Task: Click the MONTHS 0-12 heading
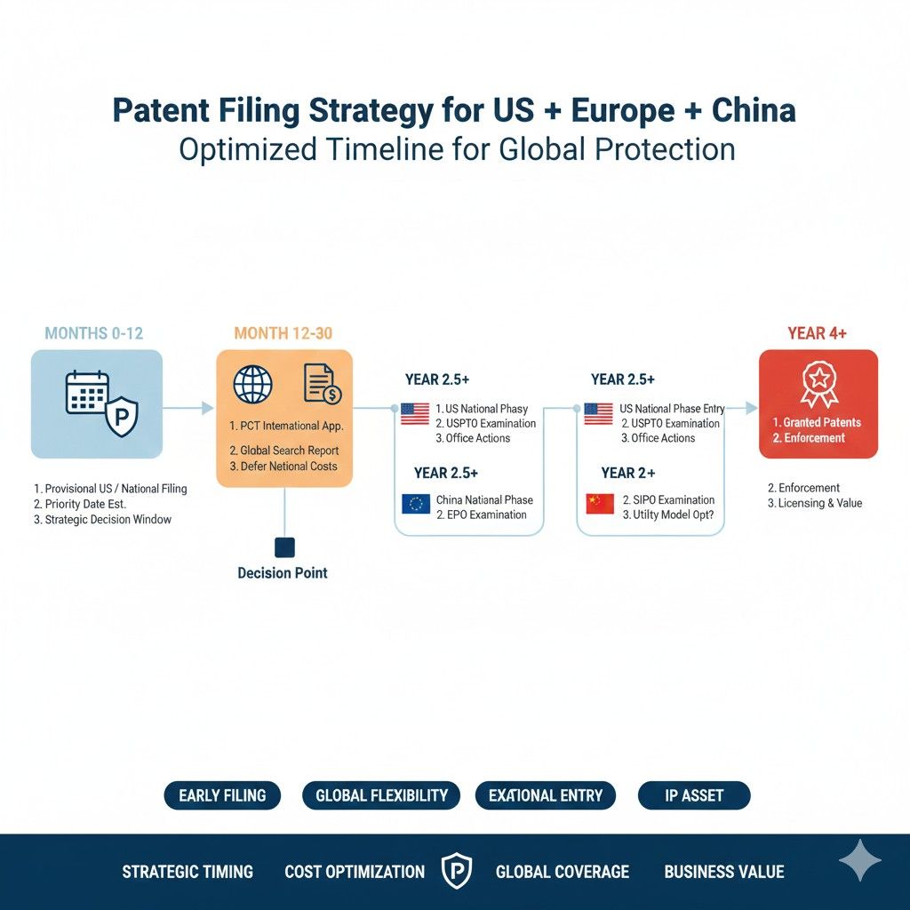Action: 93,333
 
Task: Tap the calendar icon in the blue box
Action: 87,392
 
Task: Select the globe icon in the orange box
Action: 252,384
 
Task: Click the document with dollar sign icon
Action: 323,384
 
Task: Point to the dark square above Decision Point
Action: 284,547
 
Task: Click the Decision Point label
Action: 283,573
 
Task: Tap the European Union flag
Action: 416,504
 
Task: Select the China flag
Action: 600,504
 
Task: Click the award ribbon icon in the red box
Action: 818,384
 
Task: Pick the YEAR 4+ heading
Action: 818,333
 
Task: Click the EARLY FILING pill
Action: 222,795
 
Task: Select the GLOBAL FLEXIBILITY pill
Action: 381,795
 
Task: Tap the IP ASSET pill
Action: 694,795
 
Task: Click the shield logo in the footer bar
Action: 457,871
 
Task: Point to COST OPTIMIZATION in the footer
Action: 355,872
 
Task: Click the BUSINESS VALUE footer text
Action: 724,872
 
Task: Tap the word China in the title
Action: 754,110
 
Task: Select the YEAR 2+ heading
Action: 628,473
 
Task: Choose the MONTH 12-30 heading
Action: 283,333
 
